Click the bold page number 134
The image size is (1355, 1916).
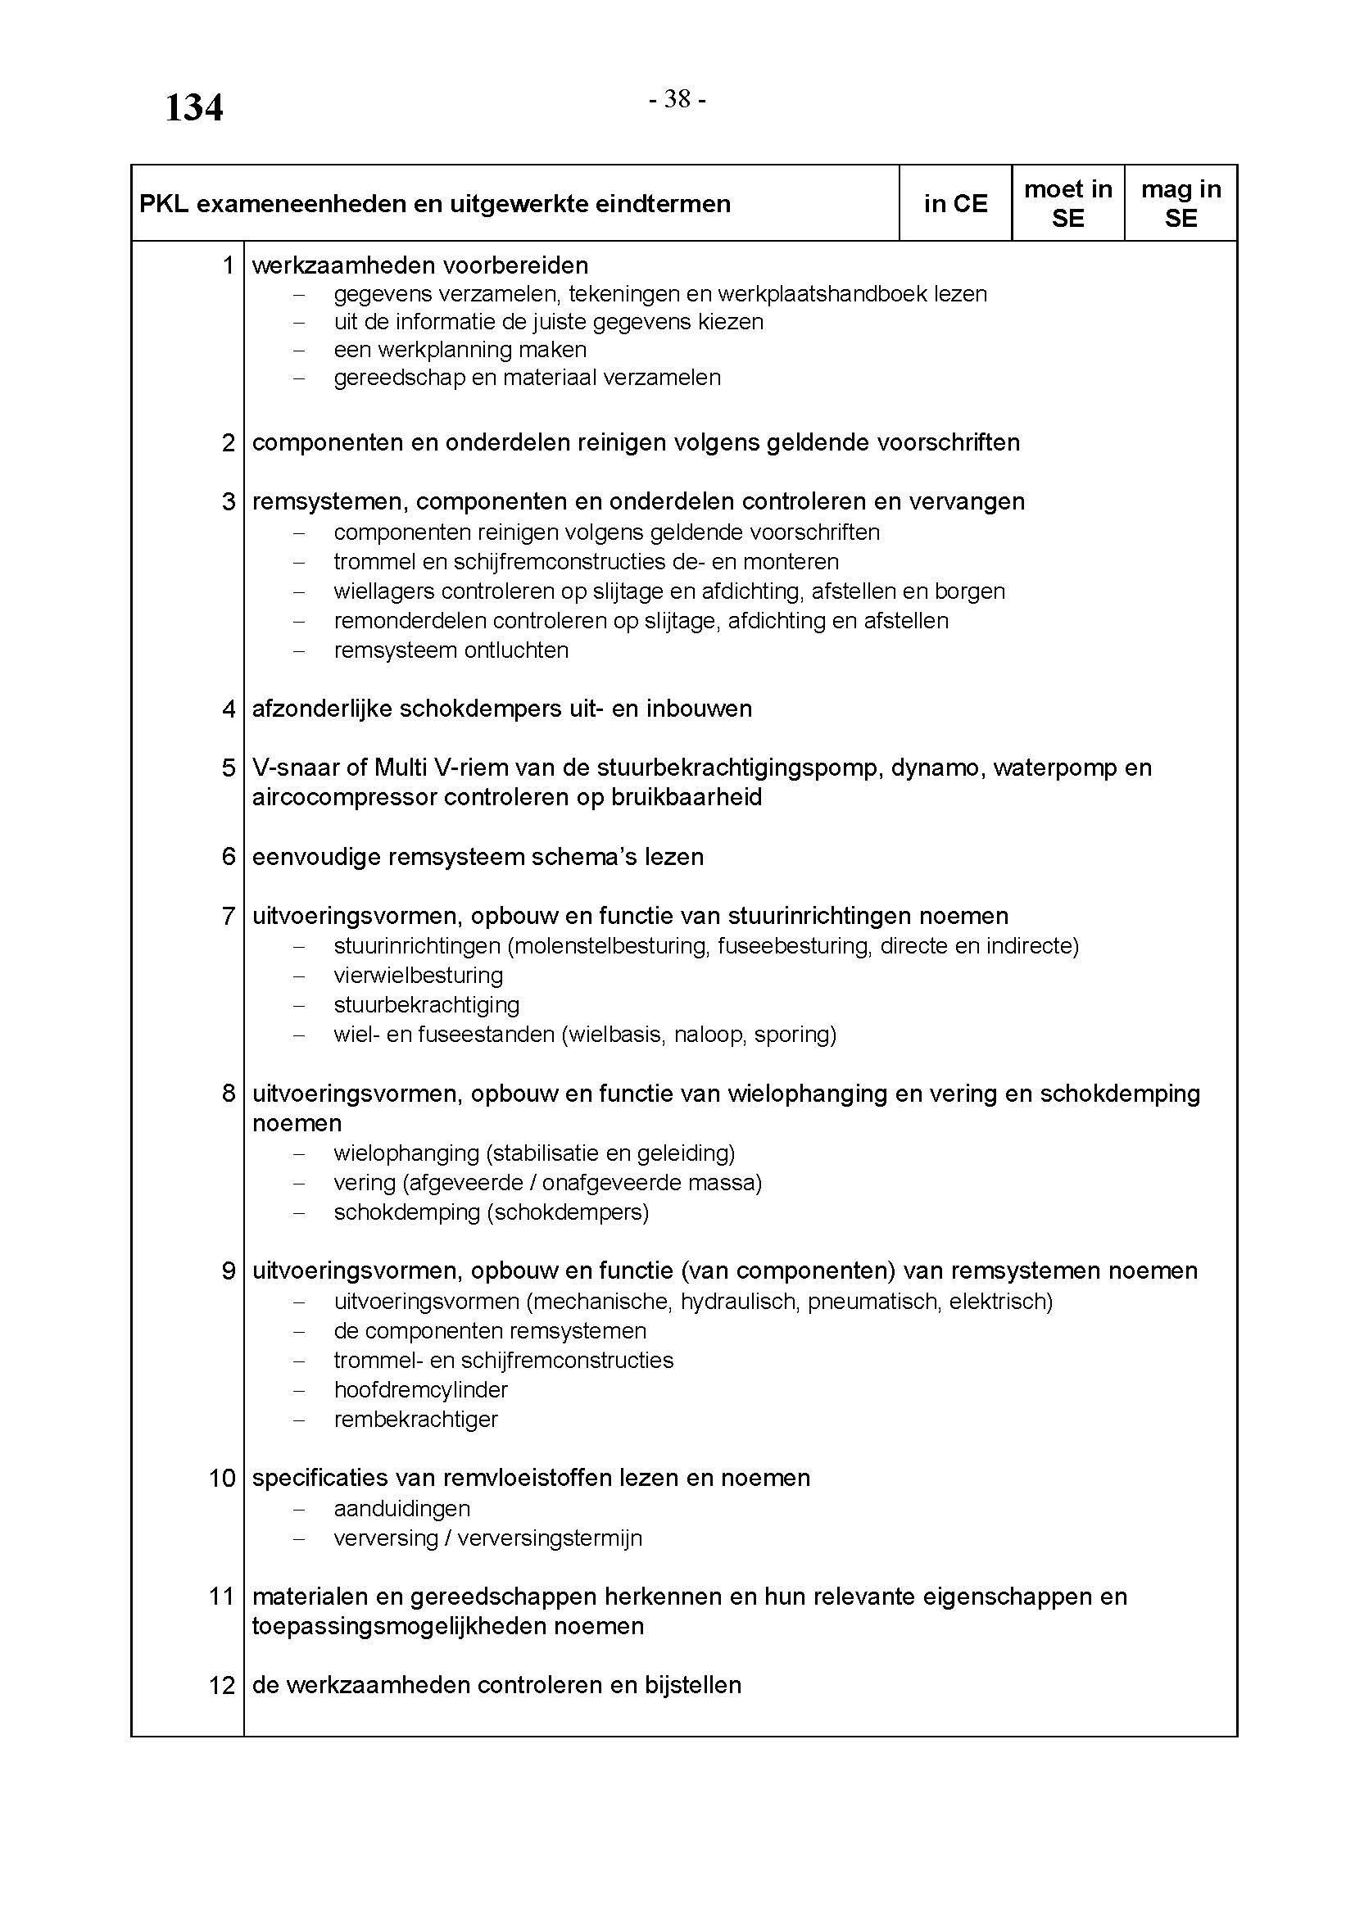point(193,108)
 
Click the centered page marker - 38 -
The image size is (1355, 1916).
point(677,99)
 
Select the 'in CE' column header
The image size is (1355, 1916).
point(955,204)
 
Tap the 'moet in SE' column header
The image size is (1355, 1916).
point(1068,204)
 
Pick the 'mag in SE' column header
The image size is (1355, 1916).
point(1181,204)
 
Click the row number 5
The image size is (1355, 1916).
point(229,768)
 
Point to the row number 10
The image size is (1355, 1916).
point(223,1478)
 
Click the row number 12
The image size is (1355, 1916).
point(223,1685)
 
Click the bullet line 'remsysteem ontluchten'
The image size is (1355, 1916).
point(451,650)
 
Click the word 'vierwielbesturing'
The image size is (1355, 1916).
point(418,975)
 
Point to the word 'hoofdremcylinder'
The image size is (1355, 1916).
point(420,1389)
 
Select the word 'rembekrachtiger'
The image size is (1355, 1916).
point(415,1419)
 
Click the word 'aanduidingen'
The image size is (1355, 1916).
point(401,1508)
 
